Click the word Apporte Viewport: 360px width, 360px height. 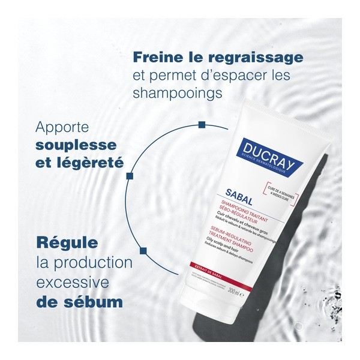coord(63,128)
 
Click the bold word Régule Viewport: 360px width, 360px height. coord(68,245)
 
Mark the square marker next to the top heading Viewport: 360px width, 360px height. coord(202,125)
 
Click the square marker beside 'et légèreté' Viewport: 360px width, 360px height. coord(128,176)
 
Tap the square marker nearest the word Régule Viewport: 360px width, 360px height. coord(142,249)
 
